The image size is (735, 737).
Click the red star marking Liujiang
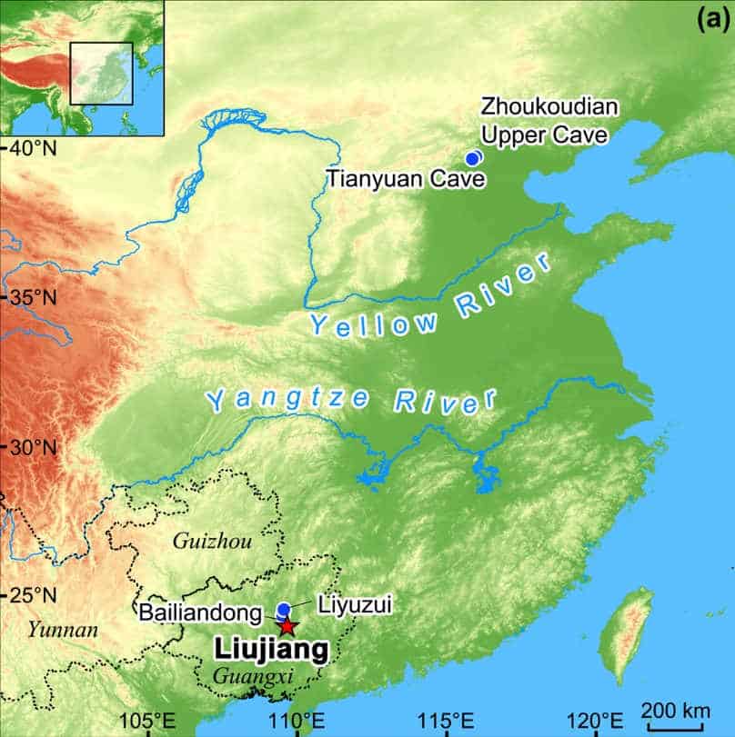pos(287,626)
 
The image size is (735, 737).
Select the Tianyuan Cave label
pos(400,178)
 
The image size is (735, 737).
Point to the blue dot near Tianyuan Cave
pos(472,158)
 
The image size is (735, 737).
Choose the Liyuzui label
pos(354,604)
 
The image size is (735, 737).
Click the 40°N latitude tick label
pos(33,147)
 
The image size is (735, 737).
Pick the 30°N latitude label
pos(33,447)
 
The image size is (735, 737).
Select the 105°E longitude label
pos(150,722)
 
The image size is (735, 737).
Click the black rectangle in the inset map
pos(102,74)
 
